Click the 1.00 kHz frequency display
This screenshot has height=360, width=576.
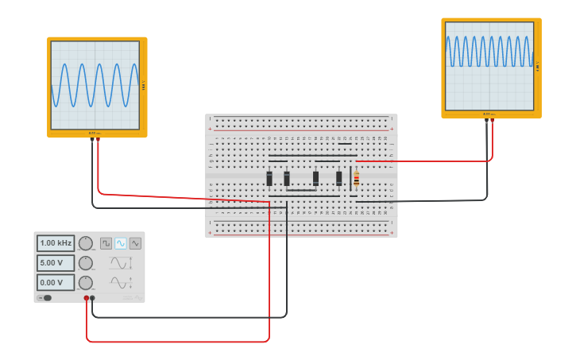pos(56,243)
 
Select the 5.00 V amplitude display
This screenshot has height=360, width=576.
pos(56,263)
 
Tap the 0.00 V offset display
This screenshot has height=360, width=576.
pos(56,282)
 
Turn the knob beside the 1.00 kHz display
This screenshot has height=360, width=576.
pos(86,243)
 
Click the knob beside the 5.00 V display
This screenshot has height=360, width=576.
pos(86,263)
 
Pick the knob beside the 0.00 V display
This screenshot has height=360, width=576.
pos(86,282)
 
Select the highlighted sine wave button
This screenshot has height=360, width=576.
pos(121,243)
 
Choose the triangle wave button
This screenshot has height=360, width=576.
pos(135,243)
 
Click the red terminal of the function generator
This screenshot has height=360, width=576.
pos(87,298)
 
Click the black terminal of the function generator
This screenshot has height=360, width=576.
pos(93,298)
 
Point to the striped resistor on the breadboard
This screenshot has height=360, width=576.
pos(356,179)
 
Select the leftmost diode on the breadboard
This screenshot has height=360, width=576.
pos(270,178)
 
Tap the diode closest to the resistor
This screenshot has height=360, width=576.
pos(339,178)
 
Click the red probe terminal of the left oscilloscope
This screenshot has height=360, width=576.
pos(99,139)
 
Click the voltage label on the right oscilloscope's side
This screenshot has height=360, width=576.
pos(538,66)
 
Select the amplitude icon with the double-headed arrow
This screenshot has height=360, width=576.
pos(120,263)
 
